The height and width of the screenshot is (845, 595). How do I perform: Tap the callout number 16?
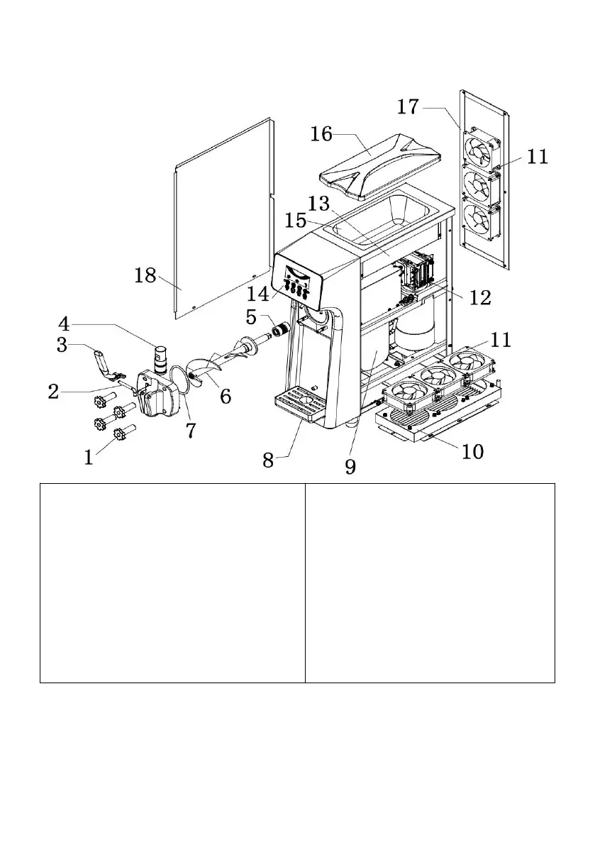tap(321, 133)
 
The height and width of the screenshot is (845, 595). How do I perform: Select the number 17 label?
tap(408, 108)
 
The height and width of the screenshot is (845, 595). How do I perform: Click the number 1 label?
tap(89, 458)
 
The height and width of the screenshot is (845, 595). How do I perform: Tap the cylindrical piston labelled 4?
tap(162, 358)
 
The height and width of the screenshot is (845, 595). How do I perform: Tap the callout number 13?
tap(319, 204)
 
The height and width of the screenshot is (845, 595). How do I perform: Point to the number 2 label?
tap(54, 391)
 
